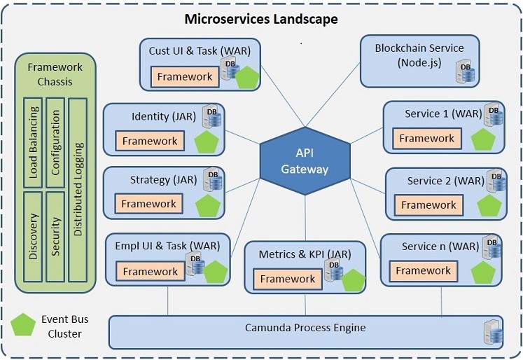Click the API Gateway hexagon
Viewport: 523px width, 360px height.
coord(305,161)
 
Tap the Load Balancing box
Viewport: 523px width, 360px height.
coord(32,143)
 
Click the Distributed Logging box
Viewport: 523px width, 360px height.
coord(78,189)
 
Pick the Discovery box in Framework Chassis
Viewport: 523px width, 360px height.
coord(32,236)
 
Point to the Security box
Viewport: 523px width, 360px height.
coord(55,236)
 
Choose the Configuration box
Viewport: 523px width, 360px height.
coord(55,143)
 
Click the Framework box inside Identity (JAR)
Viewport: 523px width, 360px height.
coord(149,141)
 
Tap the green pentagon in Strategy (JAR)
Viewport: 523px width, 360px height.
coord(208,207)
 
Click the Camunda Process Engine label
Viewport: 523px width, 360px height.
coord(305,327)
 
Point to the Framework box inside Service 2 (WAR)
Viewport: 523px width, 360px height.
coord(428,205)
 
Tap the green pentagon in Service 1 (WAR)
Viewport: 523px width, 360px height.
coord(484,140)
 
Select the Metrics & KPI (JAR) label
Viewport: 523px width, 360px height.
coord(305,254)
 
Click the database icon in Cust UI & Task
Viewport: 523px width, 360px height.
coord(229,70)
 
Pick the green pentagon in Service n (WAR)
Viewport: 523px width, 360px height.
coord(483,272)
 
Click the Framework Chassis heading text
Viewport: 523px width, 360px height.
coord(55,74)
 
